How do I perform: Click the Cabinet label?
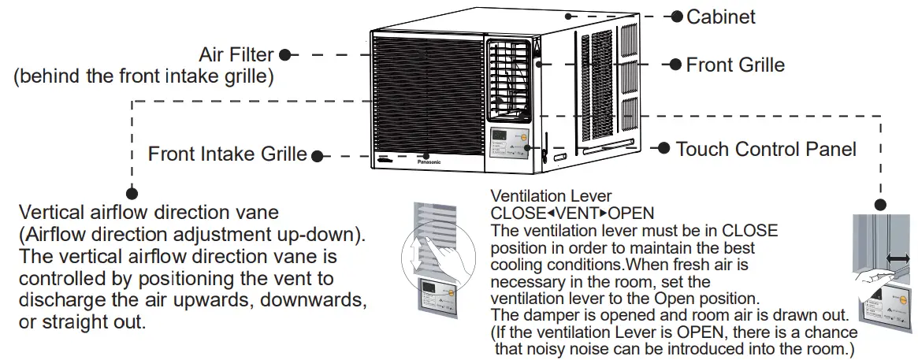coord(721,16)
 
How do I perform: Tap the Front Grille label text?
coord(735,65)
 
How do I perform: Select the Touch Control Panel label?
coord(766,148)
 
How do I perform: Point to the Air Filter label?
coord(236,55)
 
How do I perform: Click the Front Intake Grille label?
coord(228,154)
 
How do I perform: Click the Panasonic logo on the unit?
coord(429,161)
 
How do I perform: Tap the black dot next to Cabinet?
coord(676,16)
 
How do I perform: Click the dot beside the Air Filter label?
coord(284,55)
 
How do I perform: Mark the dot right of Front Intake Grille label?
coord(317,155)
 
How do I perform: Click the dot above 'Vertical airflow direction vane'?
coord(132,191)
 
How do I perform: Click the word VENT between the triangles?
coord(578,213)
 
